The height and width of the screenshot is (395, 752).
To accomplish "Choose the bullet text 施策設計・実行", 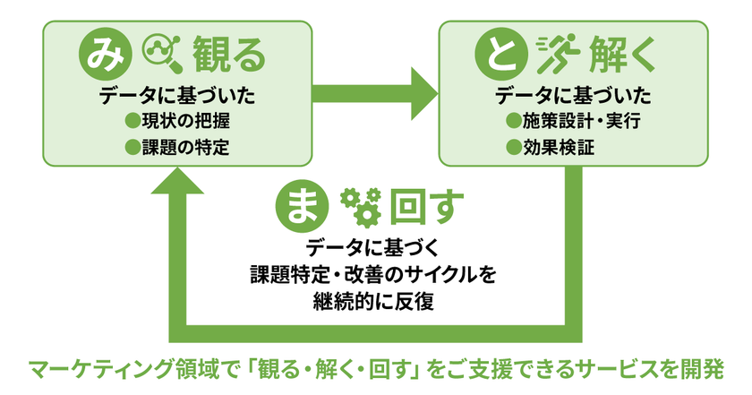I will (x=587, y=121).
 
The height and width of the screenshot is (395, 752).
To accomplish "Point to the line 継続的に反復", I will (x=375, y=300).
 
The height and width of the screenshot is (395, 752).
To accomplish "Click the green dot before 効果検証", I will (x=514, y=147).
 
